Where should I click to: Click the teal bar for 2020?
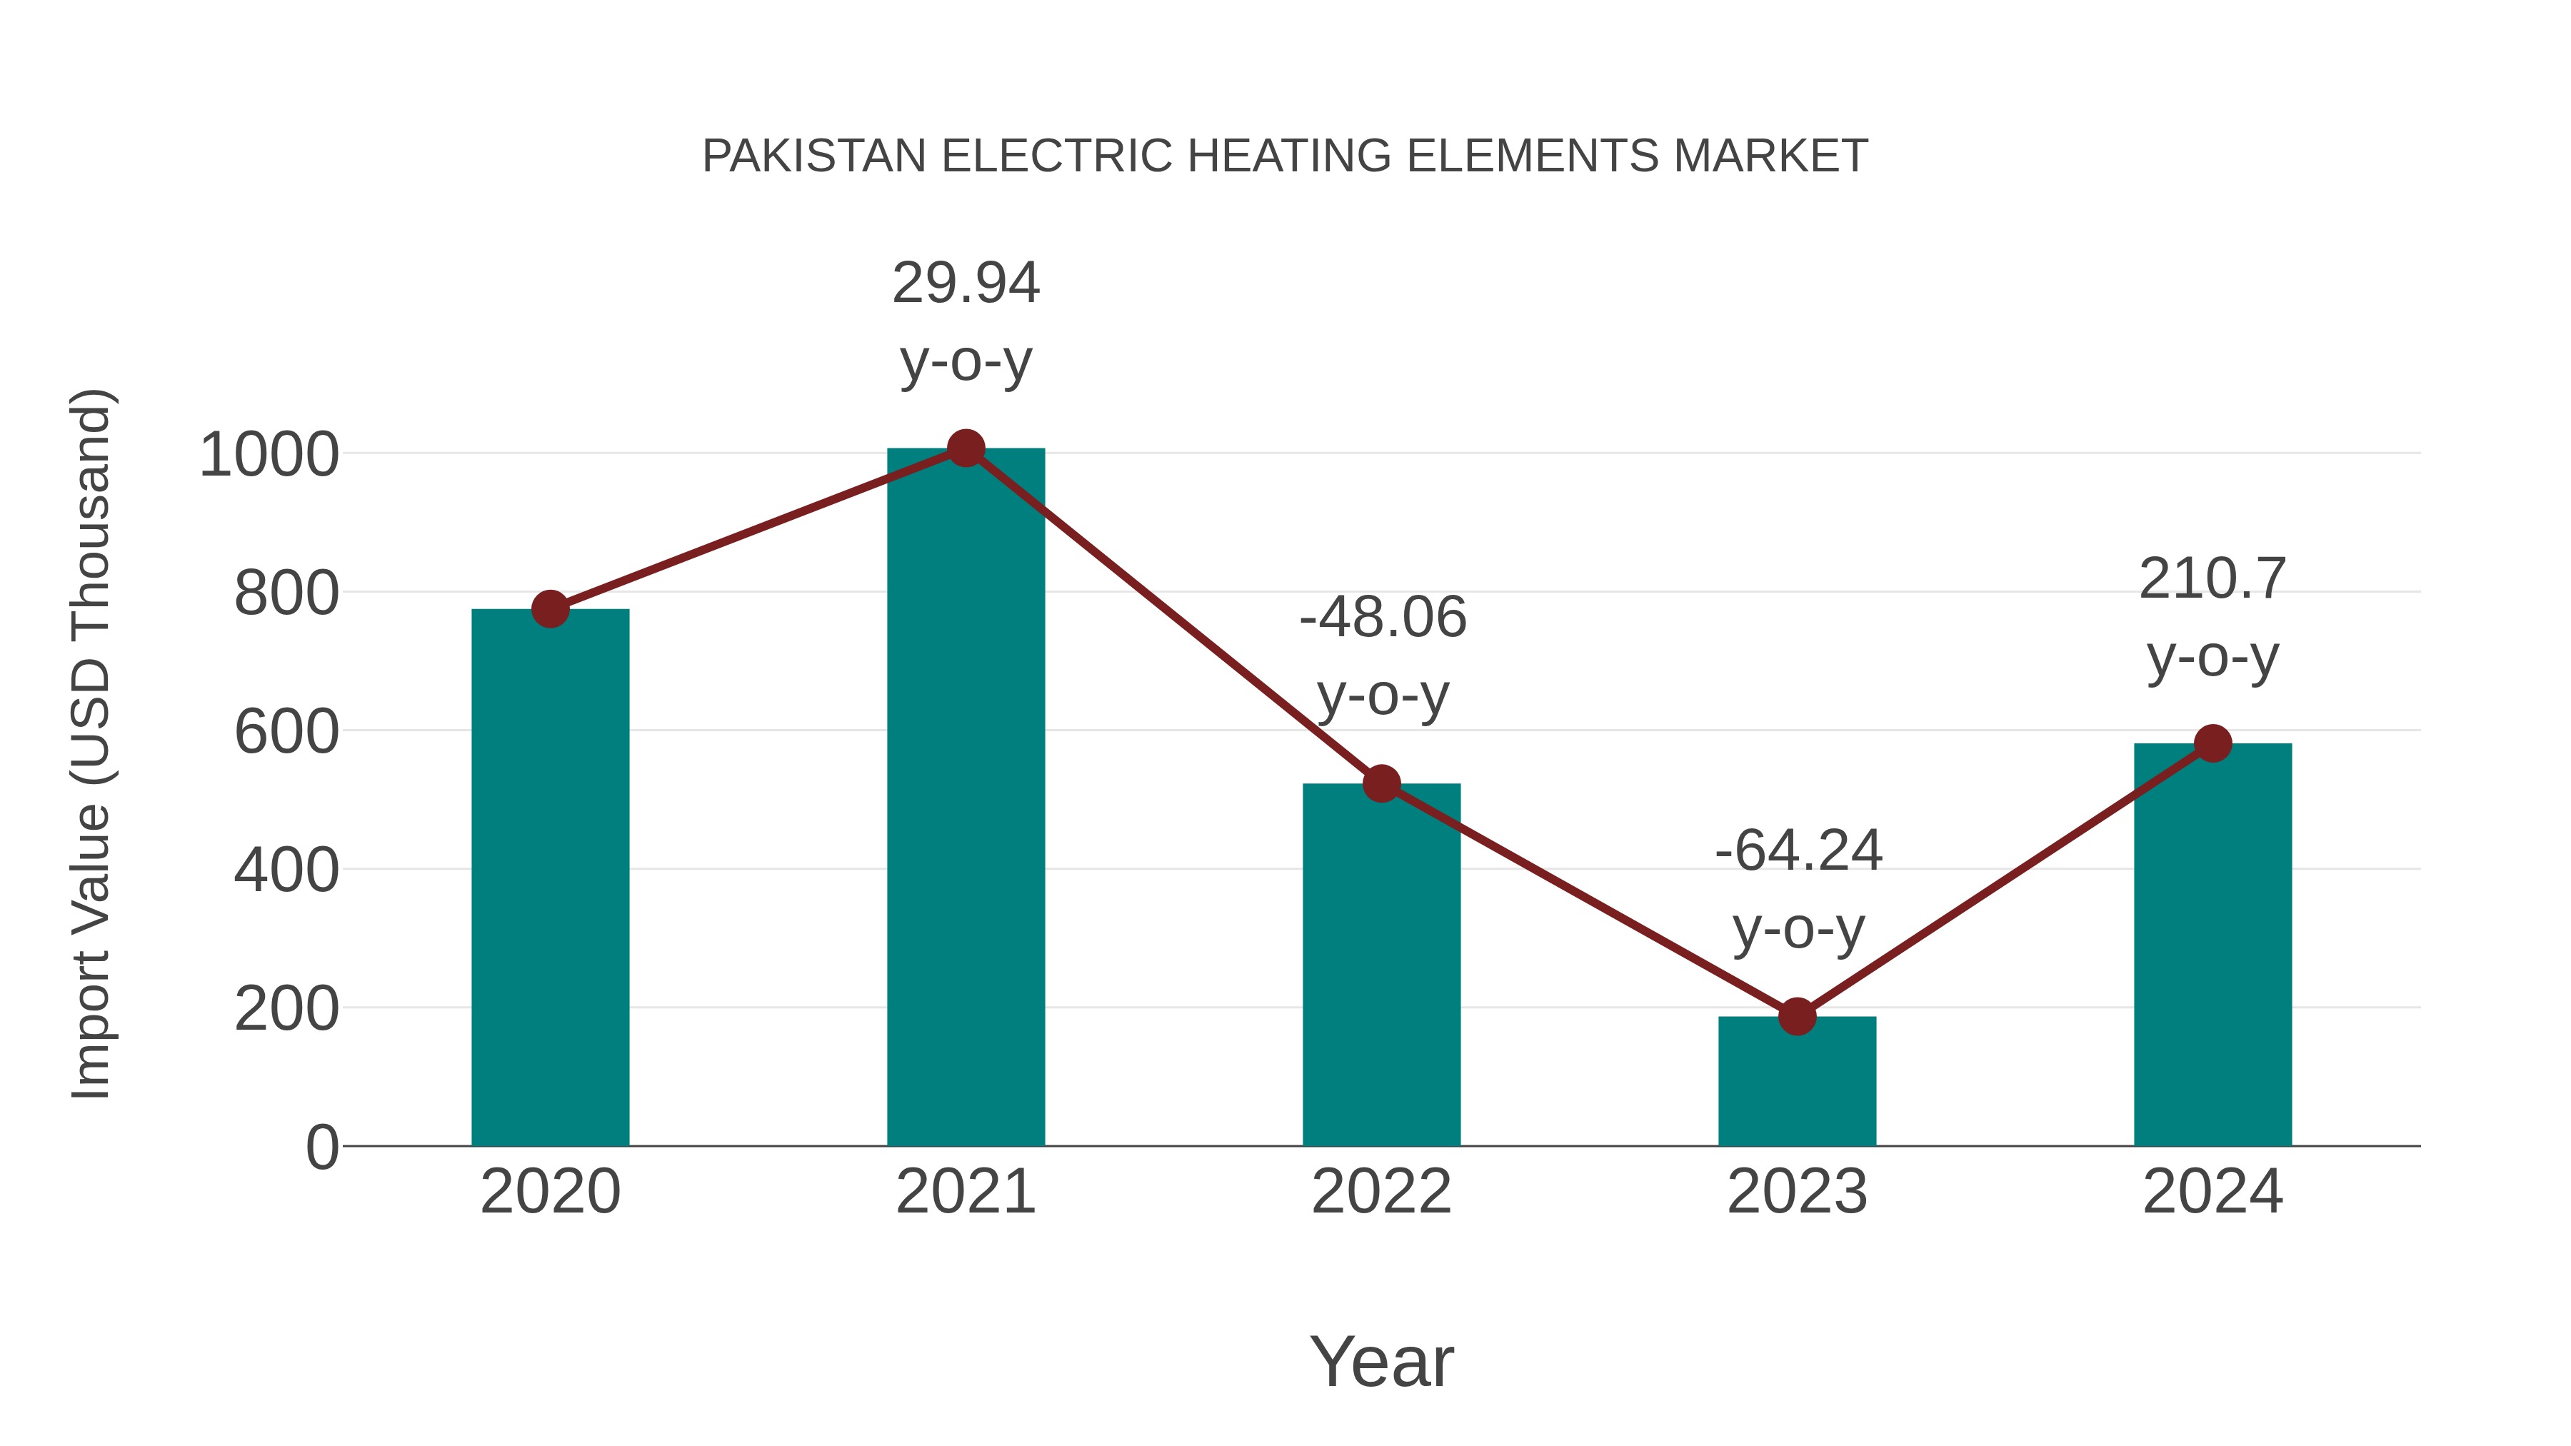[x=550, y=878]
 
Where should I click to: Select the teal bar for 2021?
[x=965, y=798]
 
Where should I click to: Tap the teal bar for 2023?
[x=1797, y=1082]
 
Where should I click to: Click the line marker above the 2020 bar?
[x=550, y=608]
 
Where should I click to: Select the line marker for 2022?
[x=1381, y=784]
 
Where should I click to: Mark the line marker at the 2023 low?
[x=1797, y=1017]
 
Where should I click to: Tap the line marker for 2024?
[x=2212, y=743]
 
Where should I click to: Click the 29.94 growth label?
[x=965, y=283]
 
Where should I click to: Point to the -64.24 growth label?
[x=1798, y=851]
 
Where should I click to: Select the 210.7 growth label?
[x=2212, y=580]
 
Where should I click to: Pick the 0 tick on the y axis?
[x=321, y=1148]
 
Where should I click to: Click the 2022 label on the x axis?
[x=1381, y=1192]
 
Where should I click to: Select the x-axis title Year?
[x=1381, y=1362]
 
